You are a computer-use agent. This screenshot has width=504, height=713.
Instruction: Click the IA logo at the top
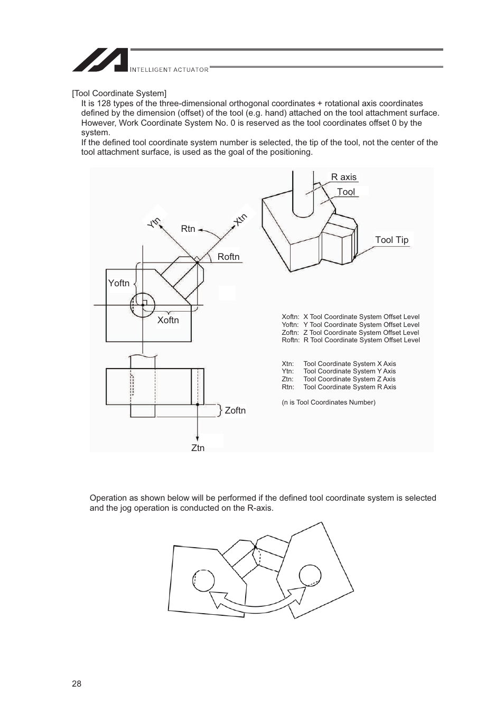[x=100, y=60]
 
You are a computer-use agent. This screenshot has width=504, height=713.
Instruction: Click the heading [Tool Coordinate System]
[x=119, y=93]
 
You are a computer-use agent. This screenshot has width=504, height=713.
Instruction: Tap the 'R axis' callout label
[x=343, y=177]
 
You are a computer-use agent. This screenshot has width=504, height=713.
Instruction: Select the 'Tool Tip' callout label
[x=391, y=240]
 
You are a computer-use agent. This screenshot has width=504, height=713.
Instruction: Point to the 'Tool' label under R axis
[x=346, y=192]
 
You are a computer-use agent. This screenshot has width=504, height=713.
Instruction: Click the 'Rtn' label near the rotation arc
[x=188, y=229]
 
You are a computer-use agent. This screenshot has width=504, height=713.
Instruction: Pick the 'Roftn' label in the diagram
[x=228, y=257]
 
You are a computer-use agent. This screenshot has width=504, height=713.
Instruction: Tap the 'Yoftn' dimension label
[x=119, y=283]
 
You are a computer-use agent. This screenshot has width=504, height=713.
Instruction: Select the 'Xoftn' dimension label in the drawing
[x=168, y=320]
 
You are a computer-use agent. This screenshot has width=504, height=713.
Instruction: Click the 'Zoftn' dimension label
[x=235, y=410]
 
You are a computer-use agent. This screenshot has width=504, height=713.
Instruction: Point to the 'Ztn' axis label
[x=198, y=448]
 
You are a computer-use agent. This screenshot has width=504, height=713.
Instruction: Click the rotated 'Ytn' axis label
[x=154, y=223]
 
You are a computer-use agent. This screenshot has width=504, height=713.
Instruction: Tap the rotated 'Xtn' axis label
[x=241, y=219]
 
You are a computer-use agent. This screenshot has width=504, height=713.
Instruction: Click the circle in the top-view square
[x=143, y=305]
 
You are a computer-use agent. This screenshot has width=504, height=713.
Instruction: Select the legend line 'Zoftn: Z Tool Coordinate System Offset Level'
[x=350, y=333]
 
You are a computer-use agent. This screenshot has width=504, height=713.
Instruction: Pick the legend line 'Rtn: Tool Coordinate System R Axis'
[x=339, y=387]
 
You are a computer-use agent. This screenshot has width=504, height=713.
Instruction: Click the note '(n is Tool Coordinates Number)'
[x=329, y=402]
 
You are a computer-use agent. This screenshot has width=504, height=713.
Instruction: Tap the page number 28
[x=77, y=683]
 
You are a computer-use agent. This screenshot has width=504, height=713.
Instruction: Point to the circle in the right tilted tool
[x=310, y=576]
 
